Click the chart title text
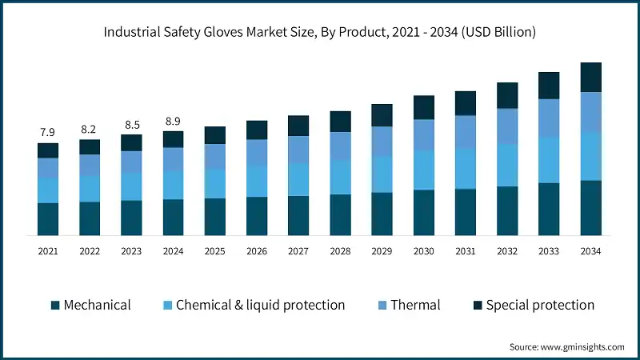coord(320,33)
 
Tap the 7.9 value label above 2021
coord(48,132)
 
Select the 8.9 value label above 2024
coord(173,121)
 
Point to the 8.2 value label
coord(90,129)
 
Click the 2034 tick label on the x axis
coord(590,251)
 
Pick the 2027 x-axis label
coord(298,251)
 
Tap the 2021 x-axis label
coord(48,251)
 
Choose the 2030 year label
coord(423,251)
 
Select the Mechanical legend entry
coord(90,305)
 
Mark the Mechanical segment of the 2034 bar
coord(590,208)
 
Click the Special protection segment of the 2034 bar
coord(590,77)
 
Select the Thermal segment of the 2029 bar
coord(382,141)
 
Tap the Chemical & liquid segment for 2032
coord(507,165)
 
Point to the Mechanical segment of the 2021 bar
coord(48,219)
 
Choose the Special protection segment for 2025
coord(214,134)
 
